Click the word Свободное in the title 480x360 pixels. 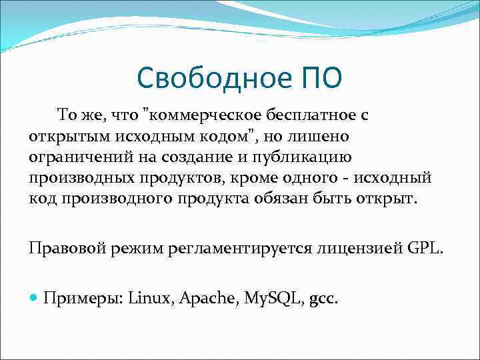tap(211, 78)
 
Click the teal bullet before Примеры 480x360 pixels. tap(34, 297)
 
